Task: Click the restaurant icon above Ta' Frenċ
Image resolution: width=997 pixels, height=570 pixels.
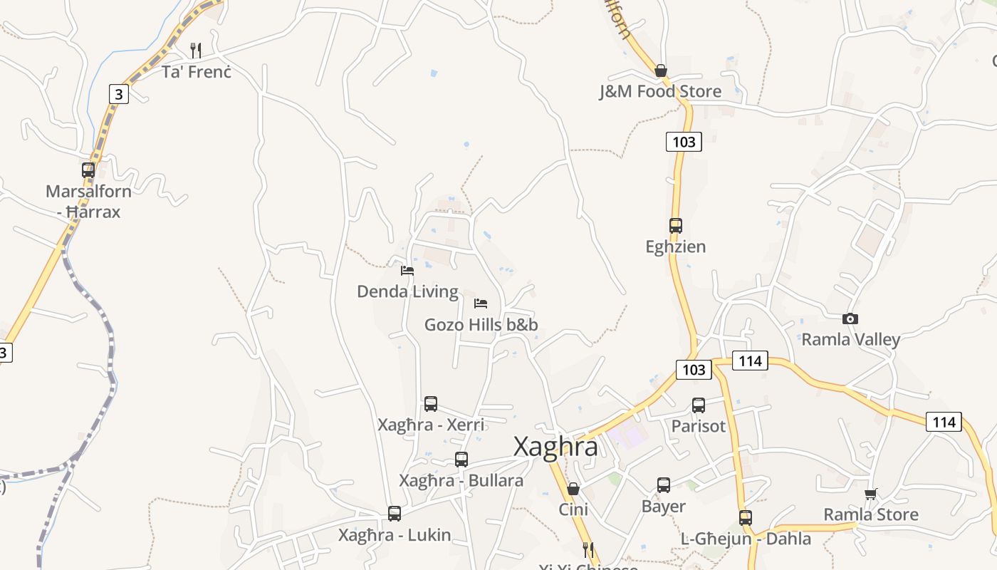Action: point(196,50)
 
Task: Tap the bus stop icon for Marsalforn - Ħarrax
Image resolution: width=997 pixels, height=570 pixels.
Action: point(88,170)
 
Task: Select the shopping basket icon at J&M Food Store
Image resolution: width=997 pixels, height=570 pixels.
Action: point(661,71)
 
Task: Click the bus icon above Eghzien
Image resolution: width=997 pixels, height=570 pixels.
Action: point(676,226)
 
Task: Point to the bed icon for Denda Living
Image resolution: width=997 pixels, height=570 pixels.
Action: point(407,271)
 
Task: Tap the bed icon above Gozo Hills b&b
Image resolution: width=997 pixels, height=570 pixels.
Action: point(481,304)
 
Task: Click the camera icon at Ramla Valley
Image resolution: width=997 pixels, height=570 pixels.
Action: point(850,318)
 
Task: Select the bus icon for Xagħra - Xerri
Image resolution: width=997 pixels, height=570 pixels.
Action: point(431,404)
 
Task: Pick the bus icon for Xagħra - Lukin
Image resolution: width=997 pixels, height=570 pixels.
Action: point(395,513)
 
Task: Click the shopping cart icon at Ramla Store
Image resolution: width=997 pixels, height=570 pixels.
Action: point(870,493)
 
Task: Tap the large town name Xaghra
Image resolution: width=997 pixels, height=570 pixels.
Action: point(555,447)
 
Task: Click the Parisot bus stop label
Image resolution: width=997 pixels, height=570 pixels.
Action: point(699,426)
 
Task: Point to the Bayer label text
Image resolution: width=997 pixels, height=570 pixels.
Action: point(663,507)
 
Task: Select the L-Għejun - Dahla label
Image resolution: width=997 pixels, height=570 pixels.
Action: point(746,539)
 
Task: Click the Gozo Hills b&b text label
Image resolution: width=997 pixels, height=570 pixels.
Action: point(481,325)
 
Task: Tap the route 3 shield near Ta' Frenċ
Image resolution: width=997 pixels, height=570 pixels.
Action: point(119,93)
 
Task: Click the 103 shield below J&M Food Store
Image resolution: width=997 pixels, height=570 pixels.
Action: point(684,142)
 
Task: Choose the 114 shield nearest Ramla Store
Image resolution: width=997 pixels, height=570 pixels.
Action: point(944,422)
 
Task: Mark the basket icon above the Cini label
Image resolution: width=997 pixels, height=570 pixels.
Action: point(573,489)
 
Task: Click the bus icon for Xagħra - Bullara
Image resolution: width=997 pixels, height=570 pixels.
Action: point(461,460)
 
